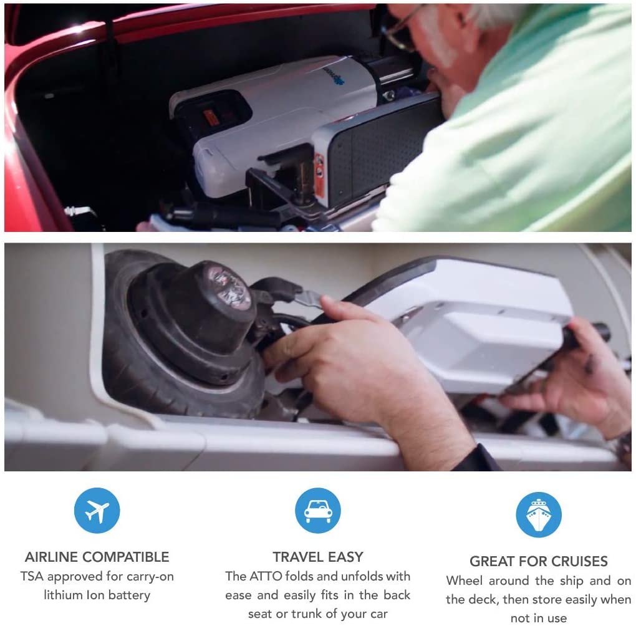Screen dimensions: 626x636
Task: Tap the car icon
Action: point(317,511)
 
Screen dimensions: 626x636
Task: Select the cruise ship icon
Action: point(539,514)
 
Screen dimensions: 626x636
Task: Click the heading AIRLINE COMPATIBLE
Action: point(97,557)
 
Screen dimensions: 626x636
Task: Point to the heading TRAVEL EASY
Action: point(317,557)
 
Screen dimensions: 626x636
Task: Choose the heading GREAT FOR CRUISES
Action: point(539,561)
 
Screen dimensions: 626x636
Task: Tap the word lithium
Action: point(64,595)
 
